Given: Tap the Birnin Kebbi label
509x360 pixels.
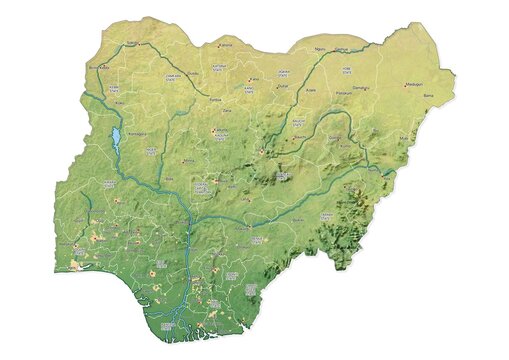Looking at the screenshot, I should (x=100, y=68).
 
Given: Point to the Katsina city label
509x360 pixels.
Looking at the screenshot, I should (x=226, y=44).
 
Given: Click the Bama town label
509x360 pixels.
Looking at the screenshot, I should (x=431, y=96).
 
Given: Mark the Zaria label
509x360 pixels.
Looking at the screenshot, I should (x=227, y=112).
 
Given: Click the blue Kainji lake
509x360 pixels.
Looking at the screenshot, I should (x=116, y=136).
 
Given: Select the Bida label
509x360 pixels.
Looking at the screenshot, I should (x=170, y=179).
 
